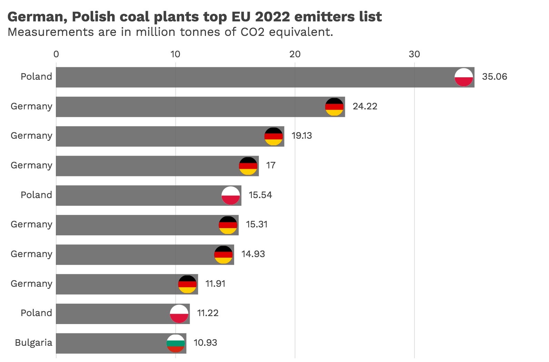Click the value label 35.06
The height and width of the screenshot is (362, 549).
click(x=494, y=77)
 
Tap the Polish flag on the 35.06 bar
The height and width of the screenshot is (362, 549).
click(x=463, y=77)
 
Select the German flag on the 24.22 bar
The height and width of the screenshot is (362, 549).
click(x=334, y=107)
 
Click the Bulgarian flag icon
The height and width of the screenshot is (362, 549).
click(x=176, y=343)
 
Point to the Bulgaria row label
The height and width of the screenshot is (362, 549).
click(x=33, y=343)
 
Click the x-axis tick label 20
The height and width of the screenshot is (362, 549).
click(x=295, y=54)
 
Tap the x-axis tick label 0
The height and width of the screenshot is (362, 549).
click(x=56, y=54)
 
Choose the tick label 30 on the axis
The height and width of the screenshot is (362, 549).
click(x=414, y=54)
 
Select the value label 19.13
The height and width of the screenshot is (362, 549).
click(x=301, y=136)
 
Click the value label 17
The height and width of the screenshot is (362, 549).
click(x=271, y=165)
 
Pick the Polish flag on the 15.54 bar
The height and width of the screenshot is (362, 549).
click(x=230, y=196)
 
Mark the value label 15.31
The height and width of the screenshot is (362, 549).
click(x=257, y=224)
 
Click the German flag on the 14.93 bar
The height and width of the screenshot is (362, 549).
click(x=223, y=255)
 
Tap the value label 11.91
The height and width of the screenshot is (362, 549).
click(x=215, y=284)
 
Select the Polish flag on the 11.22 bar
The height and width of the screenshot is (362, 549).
click(x=179, y=314)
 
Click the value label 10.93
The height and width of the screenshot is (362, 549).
click(x=205, y=343)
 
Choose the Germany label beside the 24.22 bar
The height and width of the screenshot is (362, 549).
click(x=31, y=106)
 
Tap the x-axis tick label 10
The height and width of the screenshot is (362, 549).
click(x=175, y=54)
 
